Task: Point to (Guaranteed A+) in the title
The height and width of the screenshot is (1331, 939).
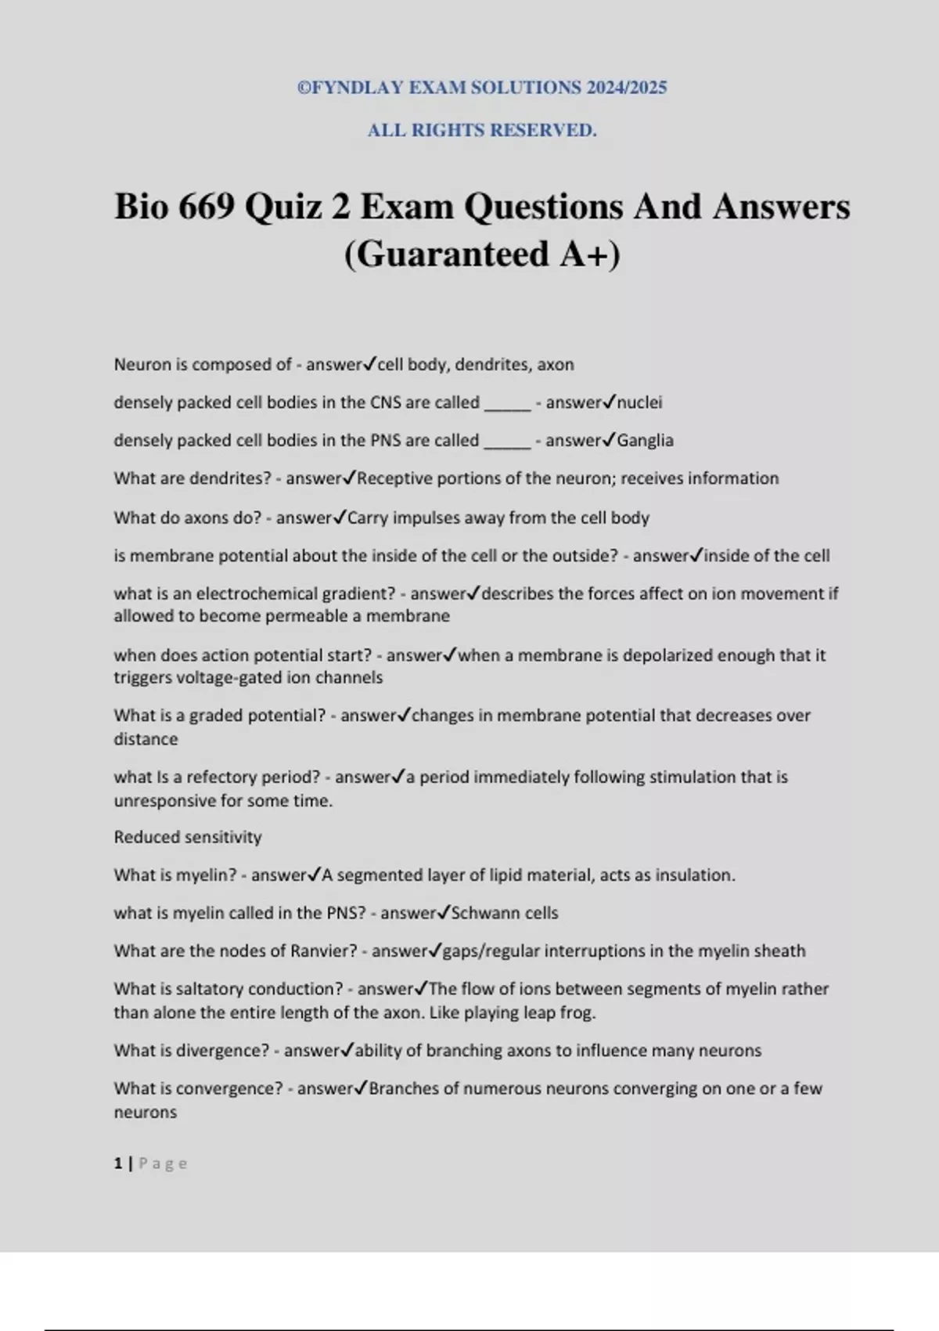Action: [x=482, y=254]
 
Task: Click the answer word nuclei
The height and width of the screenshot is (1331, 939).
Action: [x=639, y=402]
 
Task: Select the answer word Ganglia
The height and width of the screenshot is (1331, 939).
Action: [x=645, y=440]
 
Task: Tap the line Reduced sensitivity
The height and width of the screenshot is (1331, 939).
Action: [x=188, y=837]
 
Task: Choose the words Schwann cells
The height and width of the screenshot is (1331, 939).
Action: [x=505, y=913]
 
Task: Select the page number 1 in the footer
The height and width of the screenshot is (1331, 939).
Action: [x=118, y=1163]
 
